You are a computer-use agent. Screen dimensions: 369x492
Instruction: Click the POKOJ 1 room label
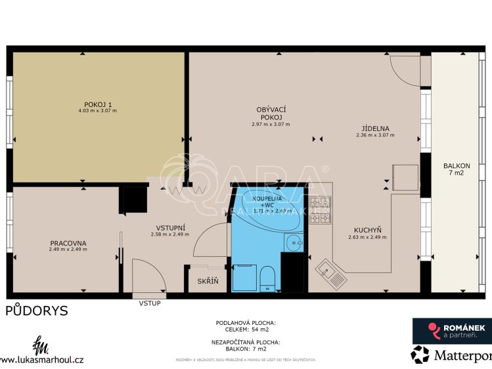tap(98, 104)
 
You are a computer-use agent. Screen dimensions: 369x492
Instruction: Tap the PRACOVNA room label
tap(68, 243)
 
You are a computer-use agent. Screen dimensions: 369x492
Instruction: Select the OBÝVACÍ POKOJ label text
tap(270, 113)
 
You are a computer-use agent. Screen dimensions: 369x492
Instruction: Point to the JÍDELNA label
tap(375, 129)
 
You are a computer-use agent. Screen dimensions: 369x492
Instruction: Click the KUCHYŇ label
tap(368, 230)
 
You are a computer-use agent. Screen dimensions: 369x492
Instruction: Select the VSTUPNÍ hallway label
tap(169, 227)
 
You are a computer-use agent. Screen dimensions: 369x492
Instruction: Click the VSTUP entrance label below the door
tap(149, 303)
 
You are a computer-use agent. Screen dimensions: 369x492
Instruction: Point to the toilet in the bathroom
tap(267, 278)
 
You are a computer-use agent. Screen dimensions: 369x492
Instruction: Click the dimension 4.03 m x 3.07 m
tap(97, 111)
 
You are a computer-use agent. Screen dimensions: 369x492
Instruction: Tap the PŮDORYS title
tap(37, 311)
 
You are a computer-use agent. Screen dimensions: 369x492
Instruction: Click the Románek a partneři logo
tap(449, 330)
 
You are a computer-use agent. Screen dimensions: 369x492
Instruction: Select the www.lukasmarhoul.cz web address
tap(42, 359)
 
